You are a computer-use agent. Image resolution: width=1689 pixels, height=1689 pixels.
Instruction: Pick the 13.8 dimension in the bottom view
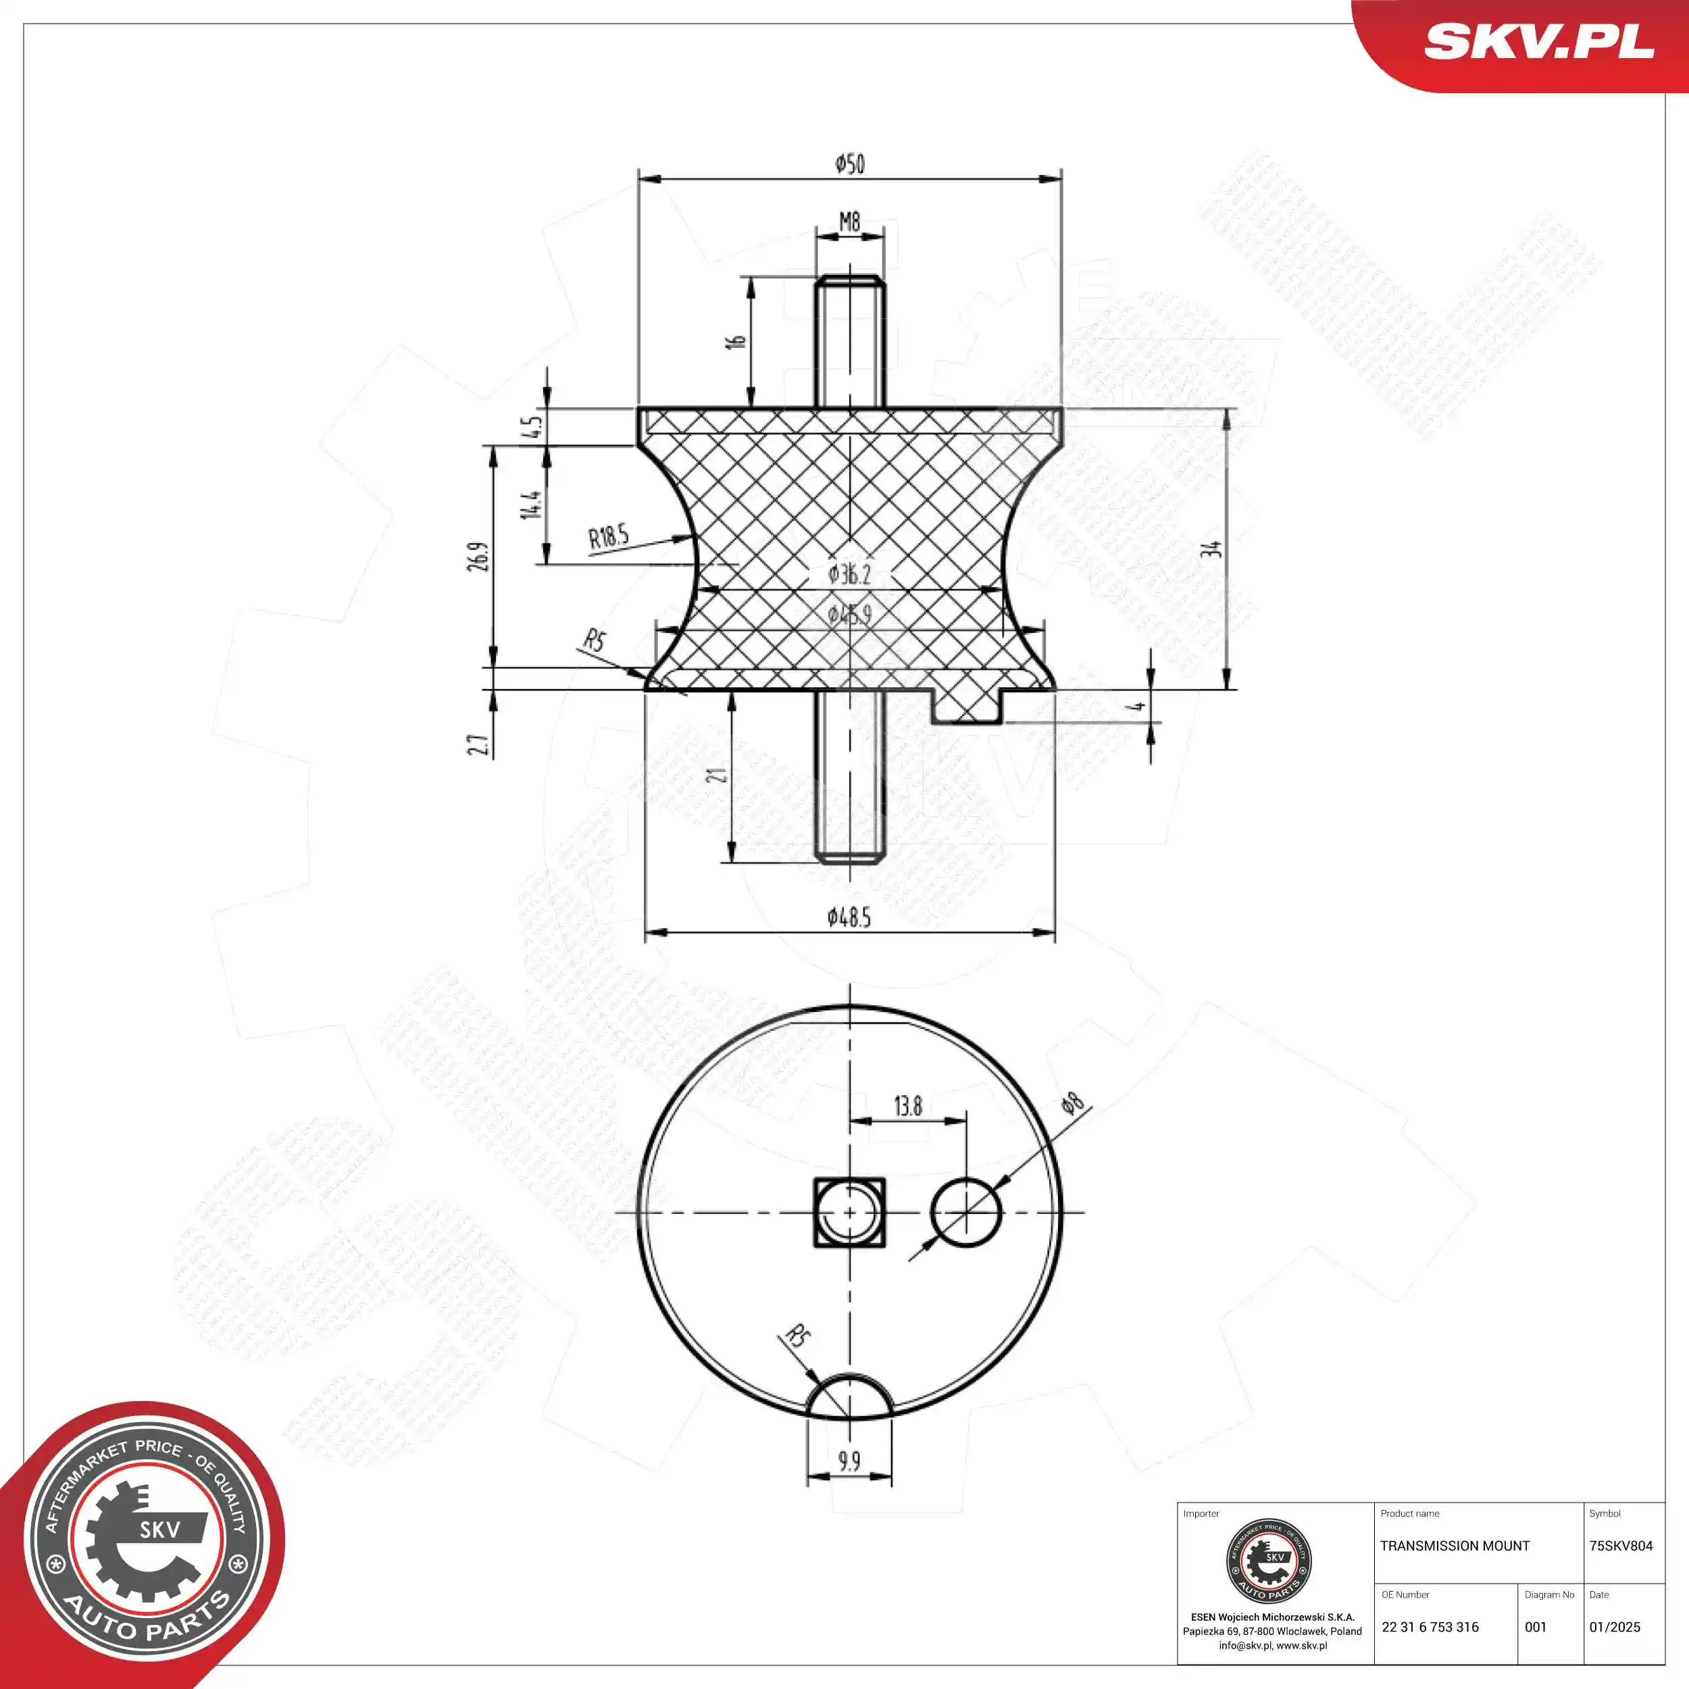(x=907, y=1107)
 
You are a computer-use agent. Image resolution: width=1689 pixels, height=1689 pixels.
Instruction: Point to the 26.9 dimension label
(x=478, y=557)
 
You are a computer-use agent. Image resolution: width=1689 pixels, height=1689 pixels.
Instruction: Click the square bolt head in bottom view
(x=849, y=1213)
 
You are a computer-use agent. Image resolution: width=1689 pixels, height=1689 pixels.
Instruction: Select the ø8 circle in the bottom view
(x=966, y=1213)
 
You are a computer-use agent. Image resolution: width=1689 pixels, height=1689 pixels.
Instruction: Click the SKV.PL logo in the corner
(x=1538, y=42)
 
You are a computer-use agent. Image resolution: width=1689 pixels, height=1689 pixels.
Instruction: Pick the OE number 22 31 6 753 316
(x=1430, y=1627)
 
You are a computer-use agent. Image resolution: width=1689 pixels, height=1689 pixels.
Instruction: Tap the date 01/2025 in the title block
(x=1614, y=1627)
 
